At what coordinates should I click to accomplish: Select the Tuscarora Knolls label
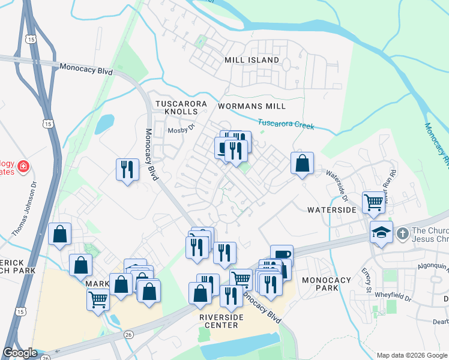coord(181,108)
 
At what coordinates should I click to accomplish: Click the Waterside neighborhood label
coord(332,210)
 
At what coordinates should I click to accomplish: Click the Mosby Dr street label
coord(182,129)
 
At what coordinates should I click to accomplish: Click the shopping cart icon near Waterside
coord(373,202)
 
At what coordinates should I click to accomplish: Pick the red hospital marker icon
coord(23,166)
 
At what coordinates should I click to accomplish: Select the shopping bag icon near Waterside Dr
coord(302,163)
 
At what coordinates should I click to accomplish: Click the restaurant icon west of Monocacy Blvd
coord(127,169)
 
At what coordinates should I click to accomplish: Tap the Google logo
coord(20,353)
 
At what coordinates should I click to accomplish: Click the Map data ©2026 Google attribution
coord(411,355)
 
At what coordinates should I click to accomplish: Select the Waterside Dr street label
coord(337,181)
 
